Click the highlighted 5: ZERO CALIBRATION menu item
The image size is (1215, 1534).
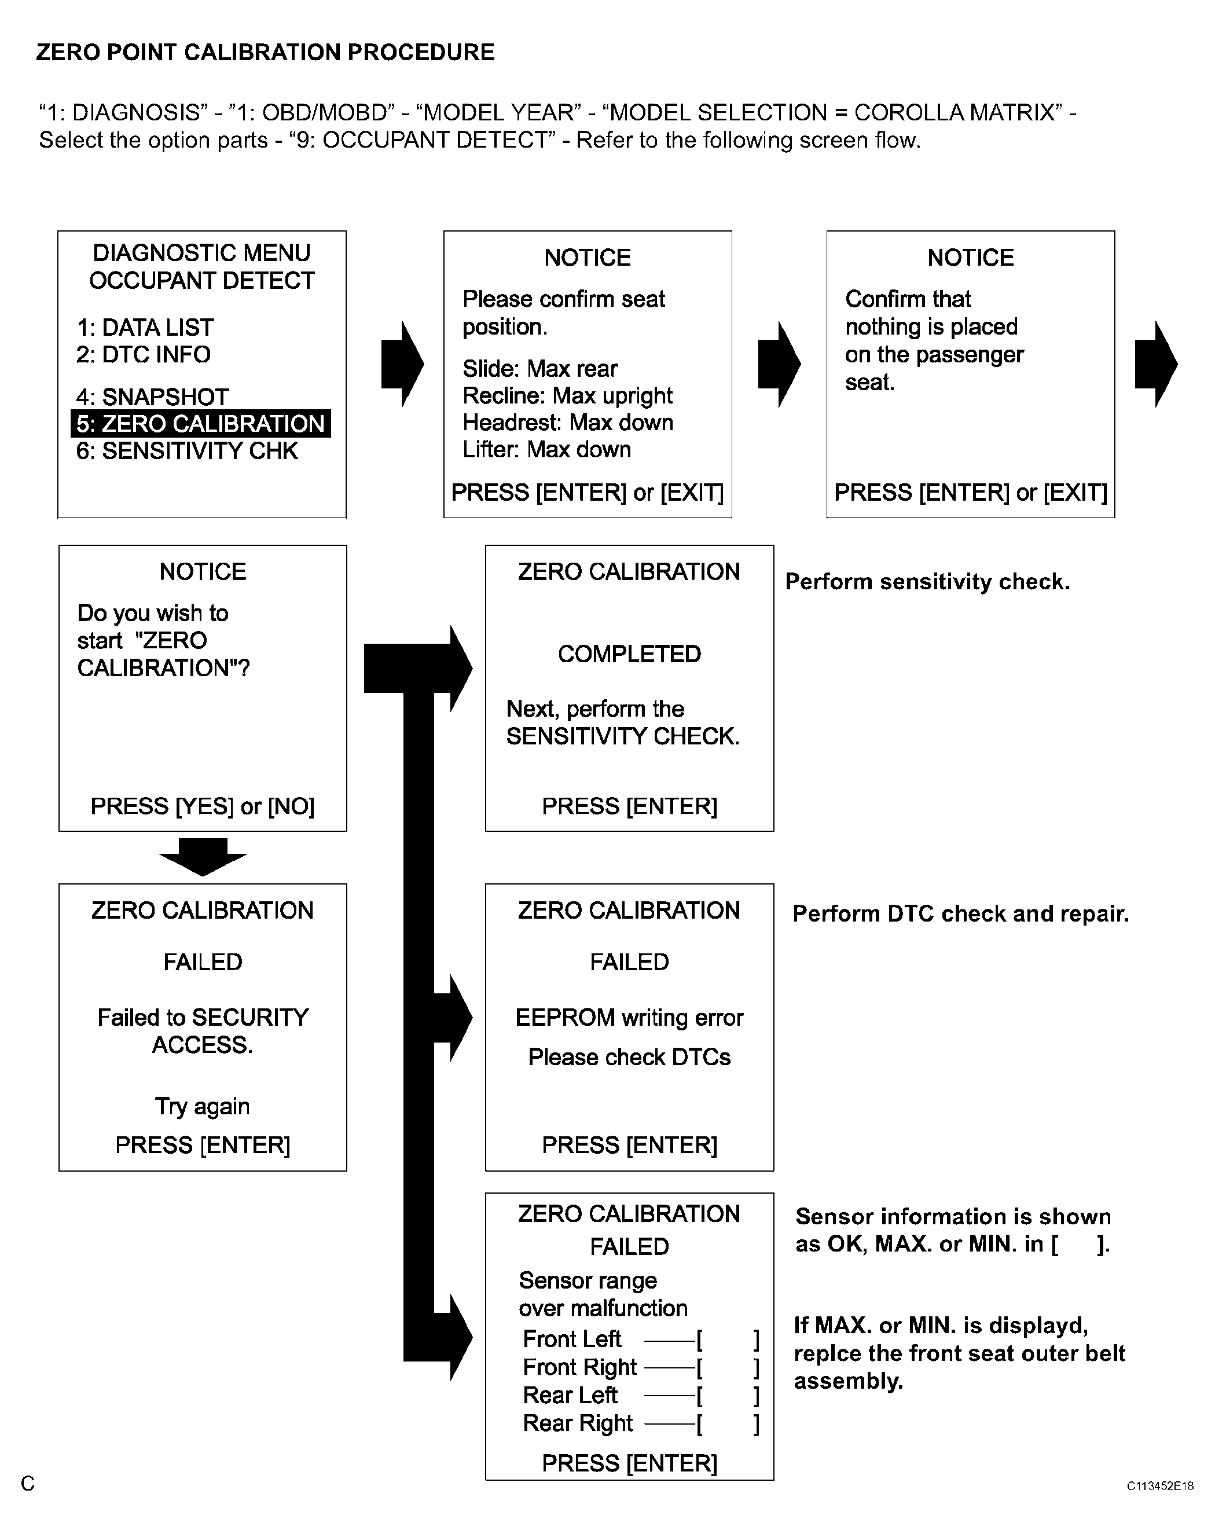tap(201, 423)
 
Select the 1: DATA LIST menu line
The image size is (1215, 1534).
tap(145, 327)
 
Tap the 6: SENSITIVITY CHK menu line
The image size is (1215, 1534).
tap(187, 451)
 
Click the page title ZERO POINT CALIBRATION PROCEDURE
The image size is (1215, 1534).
tap(265, 52)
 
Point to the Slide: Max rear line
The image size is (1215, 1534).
tap(540, 369)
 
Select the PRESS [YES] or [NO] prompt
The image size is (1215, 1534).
tap(202, 806)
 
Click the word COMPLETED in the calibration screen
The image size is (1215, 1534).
tap(629, 654)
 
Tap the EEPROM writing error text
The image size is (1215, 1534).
tap(629, 1018)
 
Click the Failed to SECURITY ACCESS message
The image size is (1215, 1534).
tap(203, 1031)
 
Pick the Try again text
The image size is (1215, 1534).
tap(203, 1106)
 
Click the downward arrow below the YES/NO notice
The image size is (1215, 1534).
tap(203, 857)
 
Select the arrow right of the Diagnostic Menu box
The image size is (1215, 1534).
tap(403, 364)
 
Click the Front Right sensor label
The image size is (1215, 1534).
tap(580, 1367)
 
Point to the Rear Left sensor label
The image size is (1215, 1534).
tap(570, 1395)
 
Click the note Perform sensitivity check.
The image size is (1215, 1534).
tap(927, 582)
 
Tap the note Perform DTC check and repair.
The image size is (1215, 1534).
tap(960, 913)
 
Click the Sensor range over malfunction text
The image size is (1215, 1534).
tap(603, 1294)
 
